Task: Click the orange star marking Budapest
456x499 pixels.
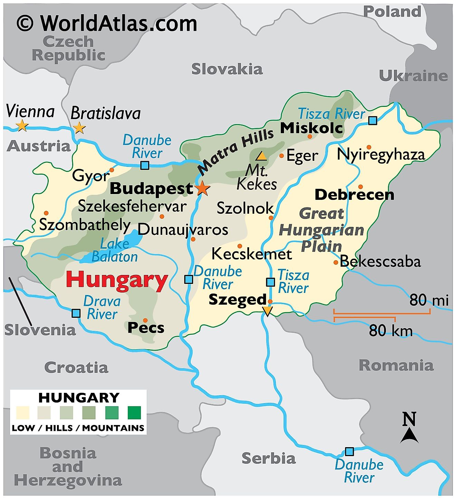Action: pyautogui.click(x=202, y=188)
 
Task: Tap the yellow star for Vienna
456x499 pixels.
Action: pyautogui.click(x=22, y=125)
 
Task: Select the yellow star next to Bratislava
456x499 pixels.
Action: pyautogui.click(x=79, y=128)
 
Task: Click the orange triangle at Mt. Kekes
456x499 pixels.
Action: pyautogui.click(x=261, y=156)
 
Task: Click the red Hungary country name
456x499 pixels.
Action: pyautogui.click(x=117, y=280)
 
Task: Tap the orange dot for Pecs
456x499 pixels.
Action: pyautogui.click(x=145, y=320)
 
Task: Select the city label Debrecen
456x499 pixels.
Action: pyautogui.click(x=354, y=195)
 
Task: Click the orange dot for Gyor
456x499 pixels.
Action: pyautogui.click(x=112, y=170)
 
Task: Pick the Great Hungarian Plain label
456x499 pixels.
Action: pyautogui.click(x=321, y=230)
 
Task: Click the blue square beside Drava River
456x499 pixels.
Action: pyautogui.click(x=76, y=313)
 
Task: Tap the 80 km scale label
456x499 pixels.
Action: pyautogui.click(x=390, y=331)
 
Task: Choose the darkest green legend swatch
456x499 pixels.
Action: pyautogui.click(x=134, y=413)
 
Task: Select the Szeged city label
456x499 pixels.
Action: pyautogui.click(x=238, y=299)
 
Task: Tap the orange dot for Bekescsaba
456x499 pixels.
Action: pyautogui.click(x=335, y=262)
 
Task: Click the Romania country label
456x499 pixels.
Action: pyautogui.click(x=396, y=366)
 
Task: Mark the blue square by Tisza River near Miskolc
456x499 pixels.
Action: pyautogui.click(x=372, y=120)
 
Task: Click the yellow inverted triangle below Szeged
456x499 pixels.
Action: pyautogui.click(x=267, y=311)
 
